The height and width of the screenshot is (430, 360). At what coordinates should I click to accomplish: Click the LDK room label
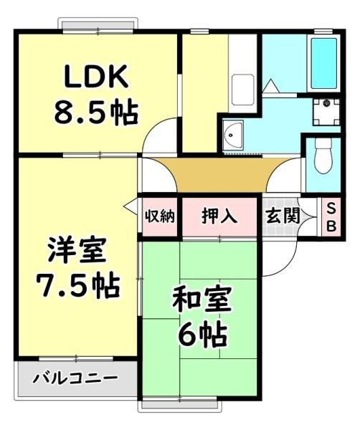(x=96, y=77)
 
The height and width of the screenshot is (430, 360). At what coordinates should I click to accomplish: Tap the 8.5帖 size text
(x=96, y=113)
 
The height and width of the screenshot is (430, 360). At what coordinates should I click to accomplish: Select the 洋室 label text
(x=77, y=250)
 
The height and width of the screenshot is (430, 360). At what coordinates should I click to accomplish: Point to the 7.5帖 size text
(x=78, y=287)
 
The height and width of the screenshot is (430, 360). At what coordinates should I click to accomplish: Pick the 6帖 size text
(x=203, y=335)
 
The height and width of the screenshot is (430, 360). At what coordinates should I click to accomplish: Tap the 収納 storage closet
(x=160, y=216)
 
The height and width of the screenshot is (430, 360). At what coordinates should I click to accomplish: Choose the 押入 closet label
(x=219, y=216)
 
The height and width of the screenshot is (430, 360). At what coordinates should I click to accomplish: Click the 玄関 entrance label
(x=283, y=216)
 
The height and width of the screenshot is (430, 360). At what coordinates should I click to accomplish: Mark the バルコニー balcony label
(x=75, y=378)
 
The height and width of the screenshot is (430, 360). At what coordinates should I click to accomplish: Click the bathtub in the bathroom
(x=324, y=63)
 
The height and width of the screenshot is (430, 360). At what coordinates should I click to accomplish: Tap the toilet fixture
(x=323, y=155)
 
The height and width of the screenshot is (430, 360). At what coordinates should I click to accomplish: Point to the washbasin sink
(x=232, y=135)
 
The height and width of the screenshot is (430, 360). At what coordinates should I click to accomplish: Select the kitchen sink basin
(x=243, y=90)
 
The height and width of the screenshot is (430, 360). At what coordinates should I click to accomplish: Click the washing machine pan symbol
(x=326, y=112)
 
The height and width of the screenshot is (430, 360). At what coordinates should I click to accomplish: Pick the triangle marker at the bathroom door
(x=271, y=86)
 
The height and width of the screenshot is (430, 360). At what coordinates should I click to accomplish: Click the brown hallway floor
(x=222, y=175)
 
